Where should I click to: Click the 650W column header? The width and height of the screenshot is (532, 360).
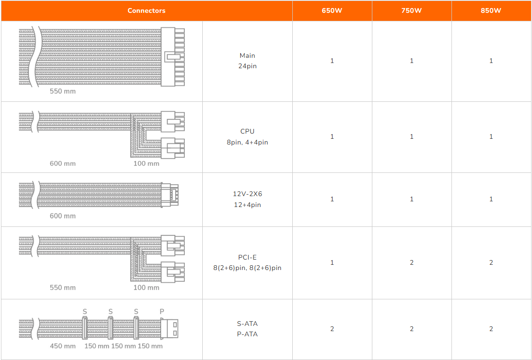click(x=332, y=10)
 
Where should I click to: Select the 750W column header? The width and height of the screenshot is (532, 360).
click(x=412, y=10)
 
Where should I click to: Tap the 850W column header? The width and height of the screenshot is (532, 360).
click(x=491, y=10)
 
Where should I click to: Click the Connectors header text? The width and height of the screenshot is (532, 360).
click(x=146, y=10)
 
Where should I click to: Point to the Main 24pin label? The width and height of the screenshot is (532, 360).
click(x=247, y=61)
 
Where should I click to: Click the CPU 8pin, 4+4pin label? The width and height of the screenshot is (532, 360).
click(x=247, y=137)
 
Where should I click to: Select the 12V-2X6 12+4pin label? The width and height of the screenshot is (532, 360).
click(x=247, y=199)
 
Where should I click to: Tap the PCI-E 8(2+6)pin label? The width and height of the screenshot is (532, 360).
click(x=247, y=262)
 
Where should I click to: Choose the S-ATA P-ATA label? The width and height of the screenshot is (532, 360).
click(x=247, y=329)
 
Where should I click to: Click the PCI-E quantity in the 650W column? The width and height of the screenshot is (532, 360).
click(x=332, y=262)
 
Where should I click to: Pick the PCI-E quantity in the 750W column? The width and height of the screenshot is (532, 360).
click(x=412, y=262)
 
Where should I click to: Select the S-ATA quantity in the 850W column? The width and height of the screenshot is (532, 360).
click(x=491, y=329)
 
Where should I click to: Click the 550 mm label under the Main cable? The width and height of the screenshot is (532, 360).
click(x=63, y=91)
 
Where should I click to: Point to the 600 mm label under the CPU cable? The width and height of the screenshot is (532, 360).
click(x=63, y=163)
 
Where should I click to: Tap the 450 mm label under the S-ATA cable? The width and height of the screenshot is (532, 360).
click(x=63, y=346)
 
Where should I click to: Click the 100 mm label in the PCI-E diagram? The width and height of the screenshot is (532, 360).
click(x=146, y=288)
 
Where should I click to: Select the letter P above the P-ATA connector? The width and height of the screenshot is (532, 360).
click(x=162, y=312)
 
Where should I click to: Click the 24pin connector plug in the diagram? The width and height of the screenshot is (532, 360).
click(x=173, y=57)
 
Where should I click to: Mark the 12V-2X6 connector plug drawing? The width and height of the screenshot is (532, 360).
click(x=170, y=195)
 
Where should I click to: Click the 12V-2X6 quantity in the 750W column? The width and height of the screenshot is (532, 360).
click(x=412, y=199)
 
